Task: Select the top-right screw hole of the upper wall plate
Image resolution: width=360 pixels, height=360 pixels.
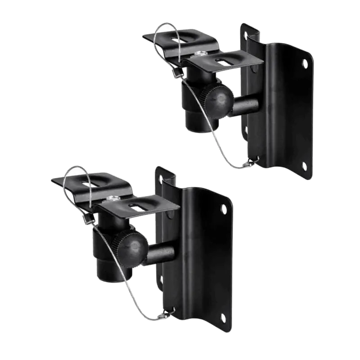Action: pyautogui.click(x=305, y=63)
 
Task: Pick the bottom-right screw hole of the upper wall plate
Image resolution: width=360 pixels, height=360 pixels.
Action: pyautogui.click(x=304, y=166)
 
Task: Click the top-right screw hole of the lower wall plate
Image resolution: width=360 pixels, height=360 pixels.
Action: pyautogui.click(x=224, y=208)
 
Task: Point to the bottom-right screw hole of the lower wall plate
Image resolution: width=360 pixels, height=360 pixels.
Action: pyautogui.click(x=223, y=318)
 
